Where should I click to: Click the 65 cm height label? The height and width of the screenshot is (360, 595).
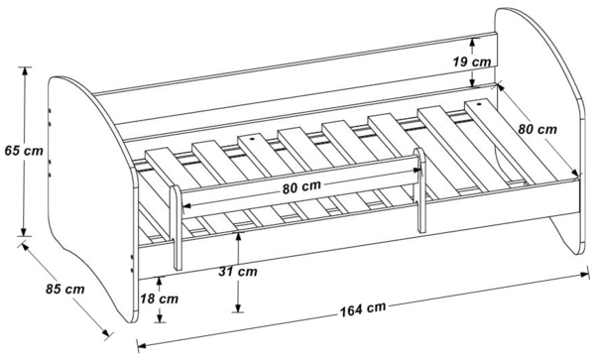coord(24,151)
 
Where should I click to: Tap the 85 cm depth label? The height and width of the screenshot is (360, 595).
coord(64,289)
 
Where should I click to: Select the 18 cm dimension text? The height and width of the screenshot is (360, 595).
coord(159,299)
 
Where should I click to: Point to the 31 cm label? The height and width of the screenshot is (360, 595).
coord(238,272)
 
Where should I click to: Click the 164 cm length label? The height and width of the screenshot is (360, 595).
coord(363,308)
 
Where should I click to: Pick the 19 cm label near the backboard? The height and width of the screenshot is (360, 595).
coord(472,61)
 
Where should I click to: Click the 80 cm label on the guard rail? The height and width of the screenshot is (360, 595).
coord(301,187)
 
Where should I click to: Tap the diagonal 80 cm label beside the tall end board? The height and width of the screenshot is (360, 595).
coord(537,129)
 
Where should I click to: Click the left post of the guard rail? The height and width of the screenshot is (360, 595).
coord(177,228)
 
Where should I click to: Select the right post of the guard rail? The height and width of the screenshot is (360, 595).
coord(419,190)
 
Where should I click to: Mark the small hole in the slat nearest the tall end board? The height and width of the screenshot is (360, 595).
coord(479,103)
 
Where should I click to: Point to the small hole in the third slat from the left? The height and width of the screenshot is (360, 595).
coord(251,139)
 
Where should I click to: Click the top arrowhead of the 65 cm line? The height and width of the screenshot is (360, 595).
coord(25,71)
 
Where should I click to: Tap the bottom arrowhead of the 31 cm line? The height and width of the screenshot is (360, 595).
coord(238,307)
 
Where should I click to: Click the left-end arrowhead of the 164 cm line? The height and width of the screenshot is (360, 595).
coord(142,345)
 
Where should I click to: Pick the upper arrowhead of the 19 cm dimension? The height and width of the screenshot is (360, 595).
coord(472,43)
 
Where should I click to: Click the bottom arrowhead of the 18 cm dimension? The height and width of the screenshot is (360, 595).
coord(160,317)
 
